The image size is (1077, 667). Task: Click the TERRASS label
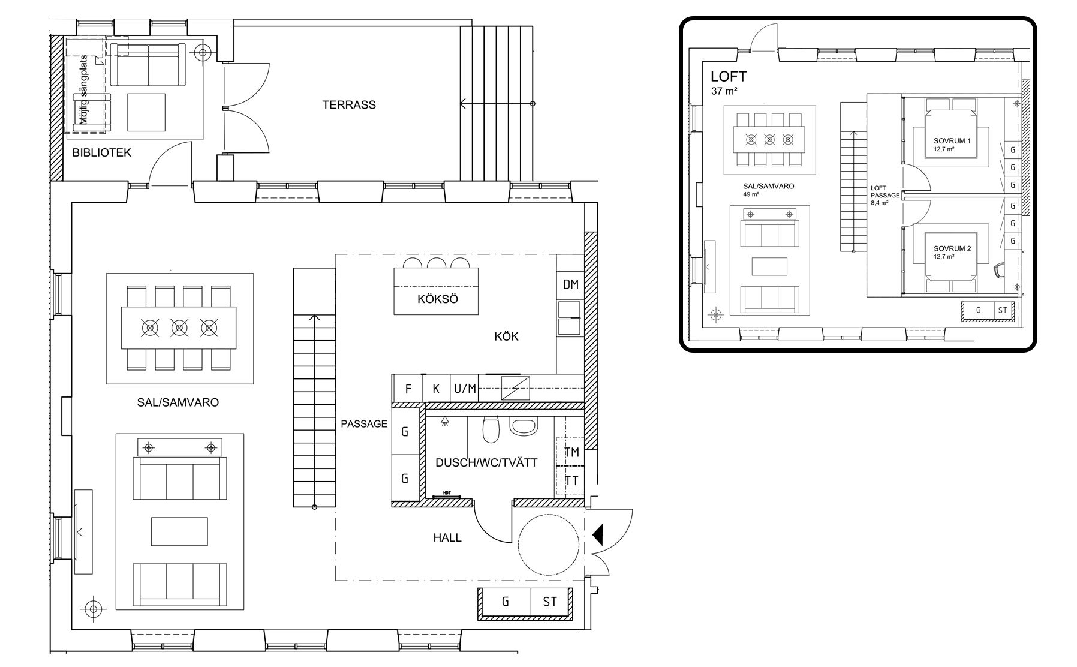349,105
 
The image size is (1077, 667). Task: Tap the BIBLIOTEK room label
101,153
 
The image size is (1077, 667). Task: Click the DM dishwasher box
570,284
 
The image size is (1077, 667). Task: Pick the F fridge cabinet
408,389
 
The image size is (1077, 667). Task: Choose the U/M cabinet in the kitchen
465,389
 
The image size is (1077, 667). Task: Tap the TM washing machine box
571,452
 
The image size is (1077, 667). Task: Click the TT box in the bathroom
571,480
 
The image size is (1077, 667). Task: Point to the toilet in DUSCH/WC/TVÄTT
491,429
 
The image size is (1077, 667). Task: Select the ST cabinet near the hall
550,602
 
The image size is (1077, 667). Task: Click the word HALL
447,538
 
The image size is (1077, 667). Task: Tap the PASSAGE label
364,424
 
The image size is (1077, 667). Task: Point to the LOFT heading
729,77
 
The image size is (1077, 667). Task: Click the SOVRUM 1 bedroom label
952,141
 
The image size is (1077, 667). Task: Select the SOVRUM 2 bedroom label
952,248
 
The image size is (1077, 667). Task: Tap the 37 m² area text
724,92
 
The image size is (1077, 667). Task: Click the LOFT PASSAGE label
885,191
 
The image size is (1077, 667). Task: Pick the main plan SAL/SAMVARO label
178,402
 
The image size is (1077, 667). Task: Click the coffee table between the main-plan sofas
180,531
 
